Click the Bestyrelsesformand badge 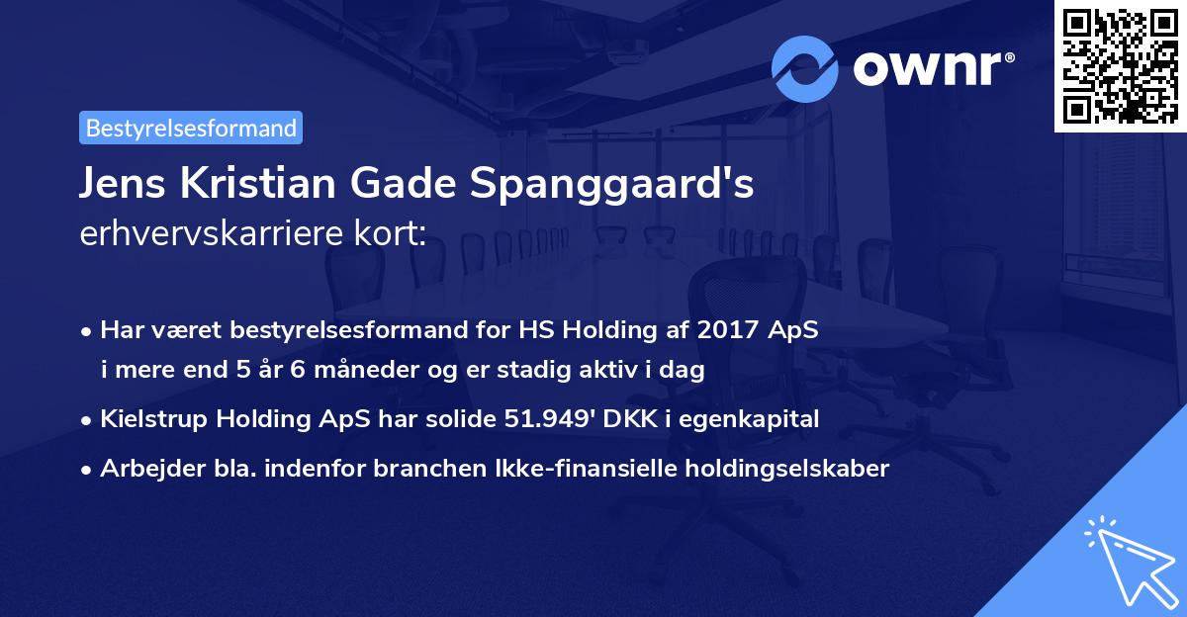click(x=191, y=128)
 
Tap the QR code click(x=1120, y=65)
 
